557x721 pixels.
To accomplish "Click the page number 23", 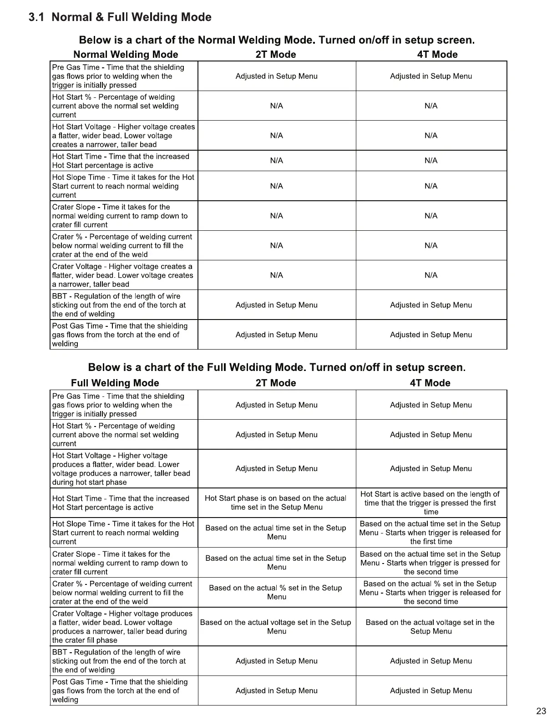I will click(x=541, y=711).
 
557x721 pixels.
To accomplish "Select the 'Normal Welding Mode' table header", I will click(x=126, y=55).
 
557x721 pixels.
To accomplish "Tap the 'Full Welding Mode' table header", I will click(x=115, y=383).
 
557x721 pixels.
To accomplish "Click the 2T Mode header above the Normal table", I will click(x=276, y=55).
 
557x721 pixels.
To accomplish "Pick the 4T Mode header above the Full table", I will click(x=430, y=383).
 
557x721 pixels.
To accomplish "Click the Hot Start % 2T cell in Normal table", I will click(x=276, y=106).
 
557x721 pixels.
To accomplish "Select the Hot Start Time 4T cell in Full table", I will click(x=430, y=503).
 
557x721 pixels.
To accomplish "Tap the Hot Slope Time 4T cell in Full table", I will click(x=430, y=533).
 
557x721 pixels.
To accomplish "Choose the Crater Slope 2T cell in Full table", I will click(x=276, y=563).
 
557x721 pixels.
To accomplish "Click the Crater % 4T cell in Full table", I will click(x=430, y=593).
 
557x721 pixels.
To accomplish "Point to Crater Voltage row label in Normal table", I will click(x=123, y=275).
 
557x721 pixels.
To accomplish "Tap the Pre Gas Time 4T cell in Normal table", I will click(x=431, y=76).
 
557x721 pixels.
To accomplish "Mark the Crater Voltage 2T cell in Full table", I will click(x=276, y=627).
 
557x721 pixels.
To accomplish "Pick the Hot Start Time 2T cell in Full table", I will click(x=276, y=503).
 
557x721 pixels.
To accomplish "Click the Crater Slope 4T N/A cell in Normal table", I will click(x=431, y=216).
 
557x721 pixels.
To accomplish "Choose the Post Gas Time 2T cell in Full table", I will click(x=276, y=691).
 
